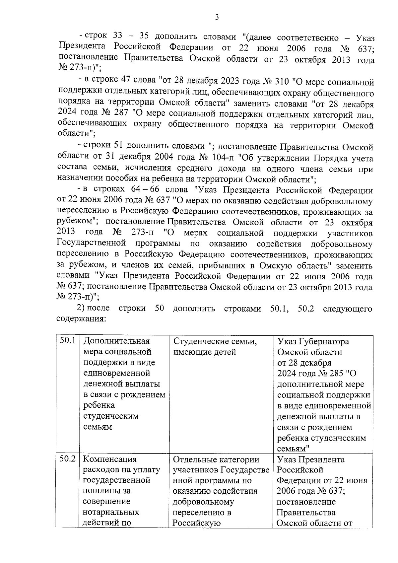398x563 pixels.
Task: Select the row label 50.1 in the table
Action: click(x=68, y=341)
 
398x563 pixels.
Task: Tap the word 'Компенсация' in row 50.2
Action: click(x=109, y=459)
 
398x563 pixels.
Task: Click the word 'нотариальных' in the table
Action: click(x=111, y=512)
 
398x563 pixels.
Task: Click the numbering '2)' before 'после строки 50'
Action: click(x=81, y=308)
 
